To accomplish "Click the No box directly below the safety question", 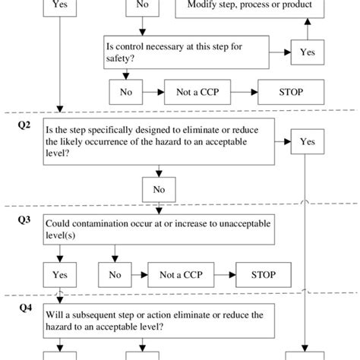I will [126, 93].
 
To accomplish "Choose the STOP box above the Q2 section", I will [291, 93].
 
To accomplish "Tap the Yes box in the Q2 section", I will [308, 141].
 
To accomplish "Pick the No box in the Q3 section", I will [115, 274].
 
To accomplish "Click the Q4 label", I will [24, 309].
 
